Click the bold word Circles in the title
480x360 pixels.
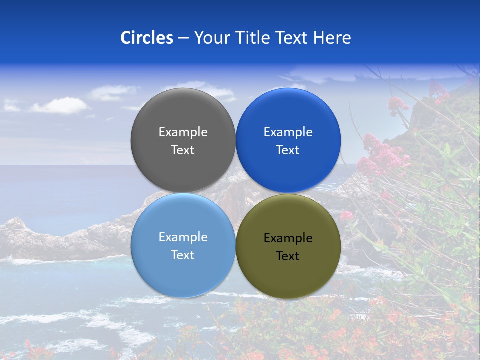[x=147, y=38]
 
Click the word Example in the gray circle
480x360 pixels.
[x=183, y=132]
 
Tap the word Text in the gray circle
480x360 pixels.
[x=183, y=150]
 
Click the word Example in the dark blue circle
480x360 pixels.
[x=288, y=132]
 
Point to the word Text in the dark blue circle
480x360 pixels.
[x=288, y=150]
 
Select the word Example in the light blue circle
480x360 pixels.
[x=183, y=237]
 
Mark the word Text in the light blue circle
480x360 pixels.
[x=183, y=255]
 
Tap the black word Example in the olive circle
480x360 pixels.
[x=288, y=238]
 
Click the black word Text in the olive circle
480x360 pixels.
[x=288, y=256]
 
